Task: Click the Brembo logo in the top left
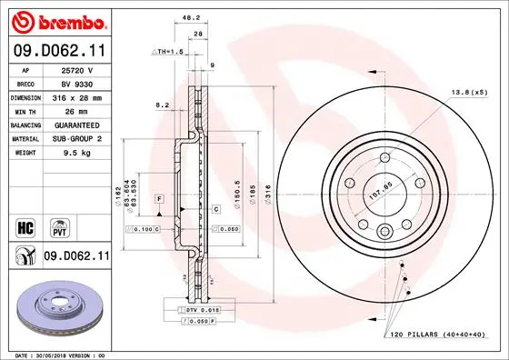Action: pyautogui.click(x=56, y=20)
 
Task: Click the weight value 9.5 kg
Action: pyautogui.click(x=76, y=154)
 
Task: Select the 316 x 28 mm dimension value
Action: pyautogui.click(x=76, y=95)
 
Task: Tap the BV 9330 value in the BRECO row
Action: pyautogui.click(x=76, y=82)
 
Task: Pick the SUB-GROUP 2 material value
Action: pyautogui.click(x=76, y=139)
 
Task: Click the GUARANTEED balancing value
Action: pyautogui.click(x=76, y=125)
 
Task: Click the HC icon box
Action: pyautogui.click(x=25, y=225)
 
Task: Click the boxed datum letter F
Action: pyautogui.click(x=158, y=197)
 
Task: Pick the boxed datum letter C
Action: pyautogui.click(x=216, y=209)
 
